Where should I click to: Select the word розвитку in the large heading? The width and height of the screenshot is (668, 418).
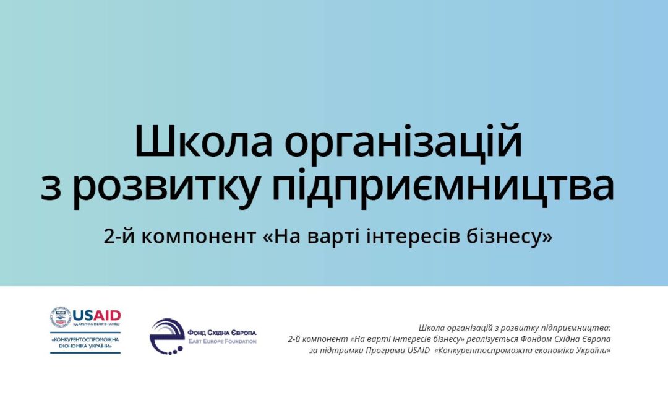tap(166, 188)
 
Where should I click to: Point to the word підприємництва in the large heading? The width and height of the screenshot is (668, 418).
tap(443, 188)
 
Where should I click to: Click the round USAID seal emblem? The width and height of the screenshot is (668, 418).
tap(61, 316)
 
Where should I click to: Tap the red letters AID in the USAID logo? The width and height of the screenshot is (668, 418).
tap(107, 315)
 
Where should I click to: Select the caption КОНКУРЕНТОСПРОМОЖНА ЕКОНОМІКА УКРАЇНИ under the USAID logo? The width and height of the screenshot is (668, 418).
tap(85, 343)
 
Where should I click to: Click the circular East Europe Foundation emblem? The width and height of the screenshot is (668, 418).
tap(166, 336)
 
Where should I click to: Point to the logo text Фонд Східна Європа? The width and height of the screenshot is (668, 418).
tap(222, 333)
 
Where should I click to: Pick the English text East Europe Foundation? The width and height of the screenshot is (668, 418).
tap(223, 341)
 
